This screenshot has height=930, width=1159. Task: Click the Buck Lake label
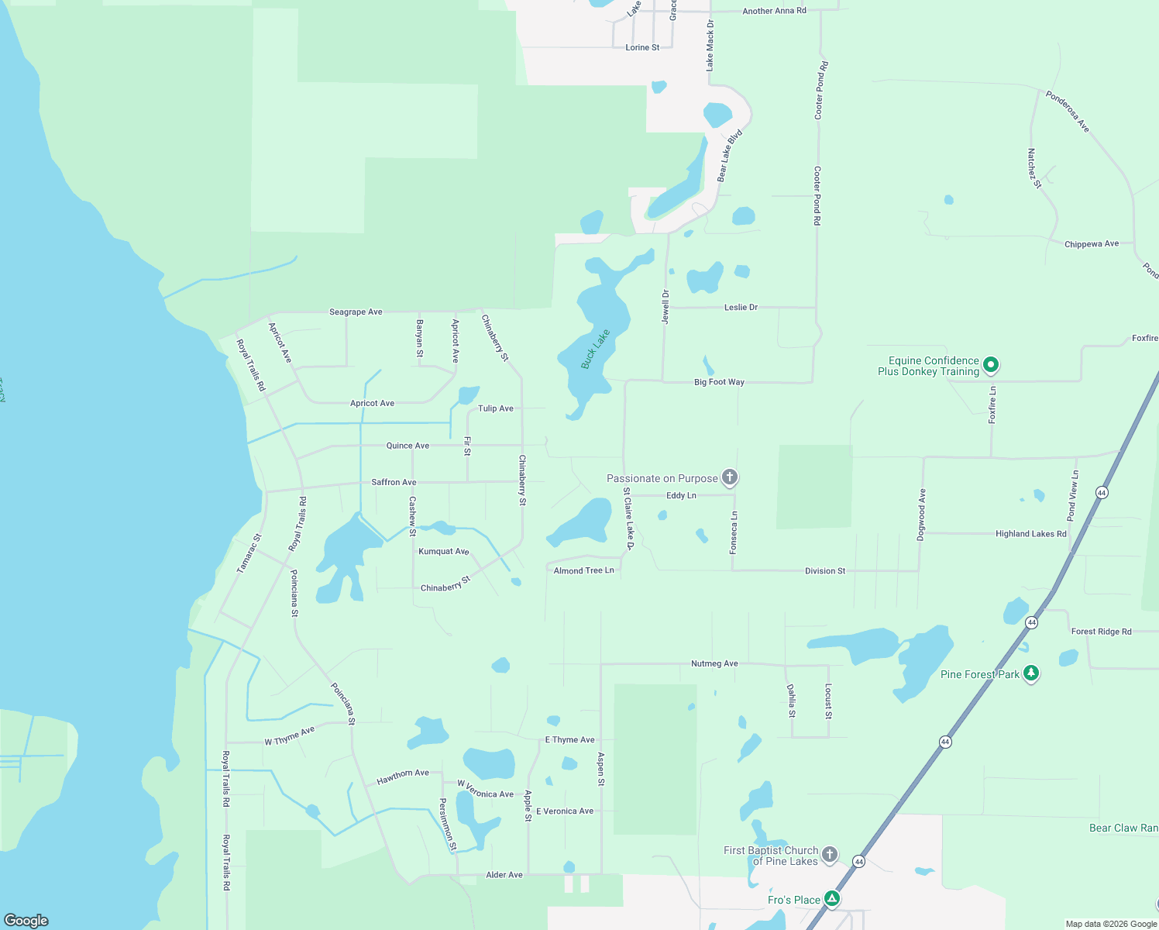(596, 349)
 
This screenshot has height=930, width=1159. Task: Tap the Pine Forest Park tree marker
(1030, 673)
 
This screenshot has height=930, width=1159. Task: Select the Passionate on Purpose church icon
(729, 477)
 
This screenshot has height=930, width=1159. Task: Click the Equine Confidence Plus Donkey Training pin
(990, 365)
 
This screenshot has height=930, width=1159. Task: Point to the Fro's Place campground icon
(831, 899)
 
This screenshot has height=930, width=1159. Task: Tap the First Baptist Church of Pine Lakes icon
(829, 855)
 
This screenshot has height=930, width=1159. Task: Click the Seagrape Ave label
(356, 312)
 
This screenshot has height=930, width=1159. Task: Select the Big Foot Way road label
(719, 382)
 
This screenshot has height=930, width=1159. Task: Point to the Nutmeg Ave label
(714, 664)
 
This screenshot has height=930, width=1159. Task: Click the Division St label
(825, 571)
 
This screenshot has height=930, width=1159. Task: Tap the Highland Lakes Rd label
(1030, 534)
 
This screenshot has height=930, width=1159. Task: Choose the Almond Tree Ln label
(583, 570)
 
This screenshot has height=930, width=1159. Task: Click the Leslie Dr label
(741, 308)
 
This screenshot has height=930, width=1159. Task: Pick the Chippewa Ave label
(1092, 244)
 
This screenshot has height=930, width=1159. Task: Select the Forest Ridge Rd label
(1101, 632)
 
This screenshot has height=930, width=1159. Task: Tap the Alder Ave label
(504, 875)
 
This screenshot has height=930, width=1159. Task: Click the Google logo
(26, 921)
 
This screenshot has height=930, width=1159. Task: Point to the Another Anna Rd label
(774, 11)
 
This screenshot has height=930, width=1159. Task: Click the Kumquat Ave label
(443, 552)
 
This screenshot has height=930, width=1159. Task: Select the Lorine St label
(642, 48)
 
